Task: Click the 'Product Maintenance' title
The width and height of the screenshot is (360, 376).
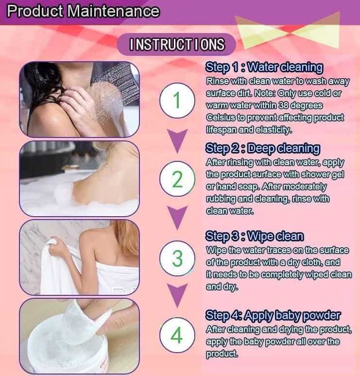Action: coord(83,11)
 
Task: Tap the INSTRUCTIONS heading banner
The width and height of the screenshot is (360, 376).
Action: coord(177,45)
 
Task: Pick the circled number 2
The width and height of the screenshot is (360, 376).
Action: coord(177,180)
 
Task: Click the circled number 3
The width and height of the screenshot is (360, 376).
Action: coord(177,258)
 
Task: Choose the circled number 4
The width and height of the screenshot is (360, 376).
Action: coord(177,336)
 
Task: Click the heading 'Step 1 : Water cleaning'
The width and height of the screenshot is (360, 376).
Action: coord(264,67)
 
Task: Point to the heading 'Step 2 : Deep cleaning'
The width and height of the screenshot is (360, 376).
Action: coord(263,148)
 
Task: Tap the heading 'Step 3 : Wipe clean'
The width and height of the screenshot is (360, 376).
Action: coord(255,237)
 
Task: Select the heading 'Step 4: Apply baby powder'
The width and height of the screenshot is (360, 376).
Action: coord(273,315)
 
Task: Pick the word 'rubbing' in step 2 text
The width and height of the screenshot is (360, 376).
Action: coord(221,199)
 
